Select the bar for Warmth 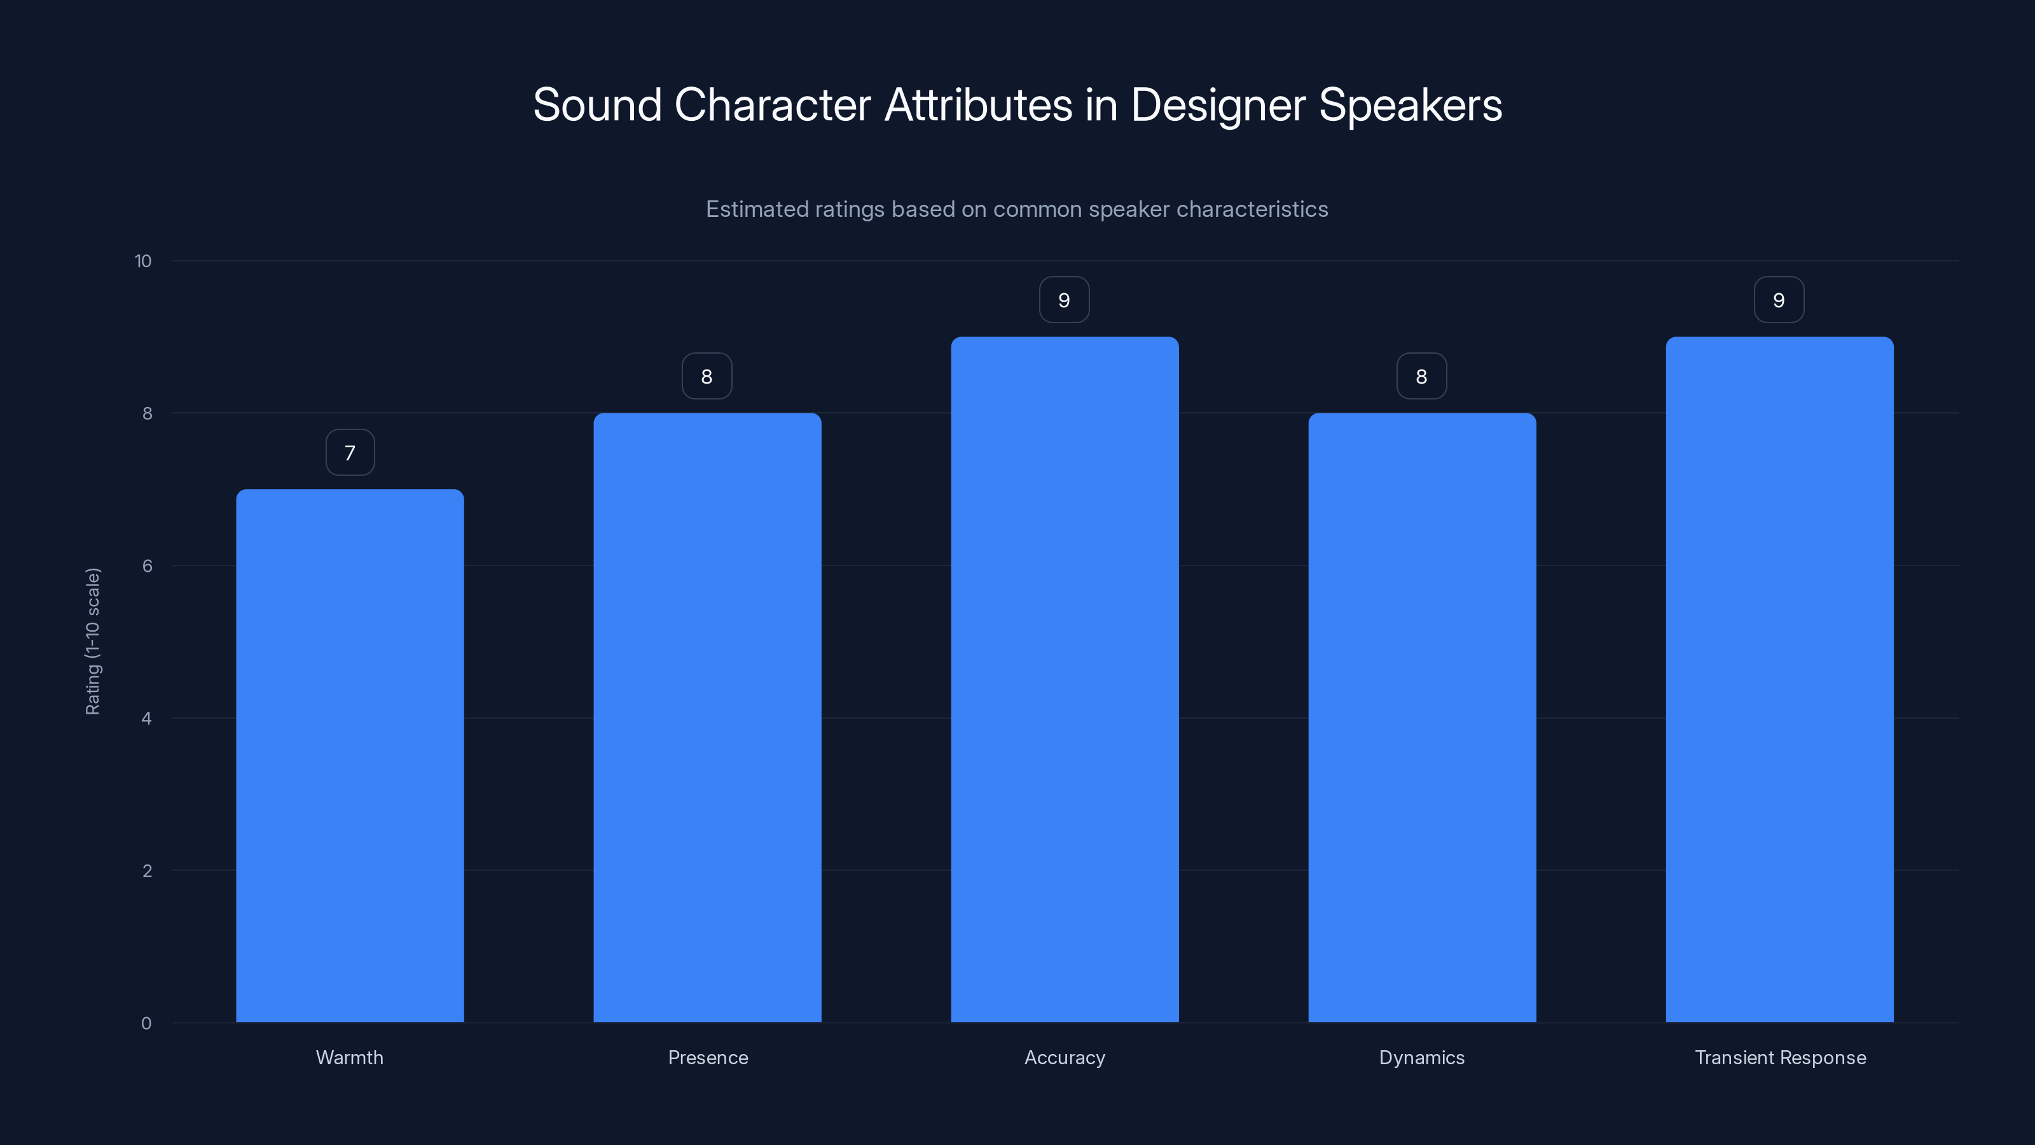(x=350, y=756)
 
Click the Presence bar (x=707, y=718)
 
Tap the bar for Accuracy (x=1064, y=679)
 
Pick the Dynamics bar (x=1422, y=718)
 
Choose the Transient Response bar (x=1779, y=679)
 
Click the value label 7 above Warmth (x=350, y=453)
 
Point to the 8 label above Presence (x=707, y=376)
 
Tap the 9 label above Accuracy (x=1064, y=300)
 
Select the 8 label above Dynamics (x=1422, y=376)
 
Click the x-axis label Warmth (x=350, y=1057)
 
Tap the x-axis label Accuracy (x=1064, y=1057)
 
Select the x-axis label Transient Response (x=1781, y=1057)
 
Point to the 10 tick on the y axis (x=143, y=261)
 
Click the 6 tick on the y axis (x=147, y=566)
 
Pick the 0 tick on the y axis (x=146, y=1024)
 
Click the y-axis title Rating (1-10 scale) (x=93, y=641)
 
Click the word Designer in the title (x=1217, y=105)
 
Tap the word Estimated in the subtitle (x=756, y=209)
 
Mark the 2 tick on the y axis (x=147, y=871)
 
